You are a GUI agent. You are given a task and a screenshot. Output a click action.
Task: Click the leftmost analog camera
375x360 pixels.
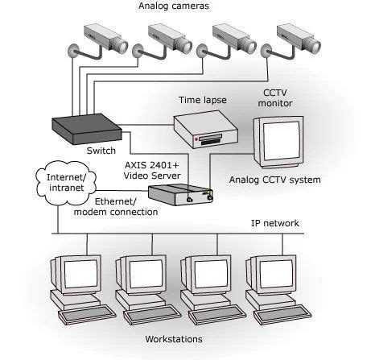102,37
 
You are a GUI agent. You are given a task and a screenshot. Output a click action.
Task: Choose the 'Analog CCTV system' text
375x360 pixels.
274,179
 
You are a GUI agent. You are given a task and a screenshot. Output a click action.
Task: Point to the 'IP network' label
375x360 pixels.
275,223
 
